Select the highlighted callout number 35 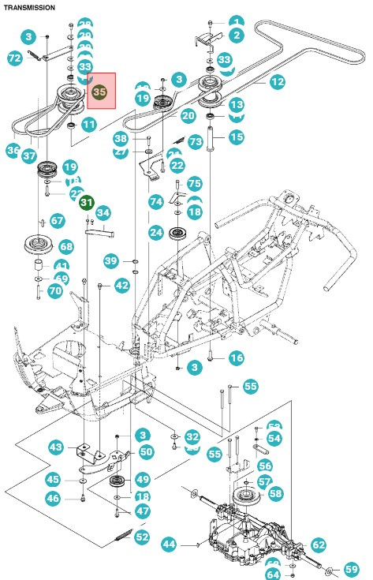coord(100,92)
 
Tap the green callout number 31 coord(87,203)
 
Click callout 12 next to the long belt coord(277,81)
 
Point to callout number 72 coord(14,58)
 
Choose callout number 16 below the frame coord(236,358)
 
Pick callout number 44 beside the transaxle coord(169,544)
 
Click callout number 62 coord(318,544)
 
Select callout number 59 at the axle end coord(351,568)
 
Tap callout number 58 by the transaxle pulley coord(275,493)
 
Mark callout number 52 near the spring coord(142,537)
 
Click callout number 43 coord(56,447)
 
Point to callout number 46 coord(52,498)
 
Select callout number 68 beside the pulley coord(66,246)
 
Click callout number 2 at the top coord(237,36)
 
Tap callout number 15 coord(237,137)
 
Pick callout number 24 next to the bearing coord(156,233)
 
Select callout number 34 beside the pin coord(103,212)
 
